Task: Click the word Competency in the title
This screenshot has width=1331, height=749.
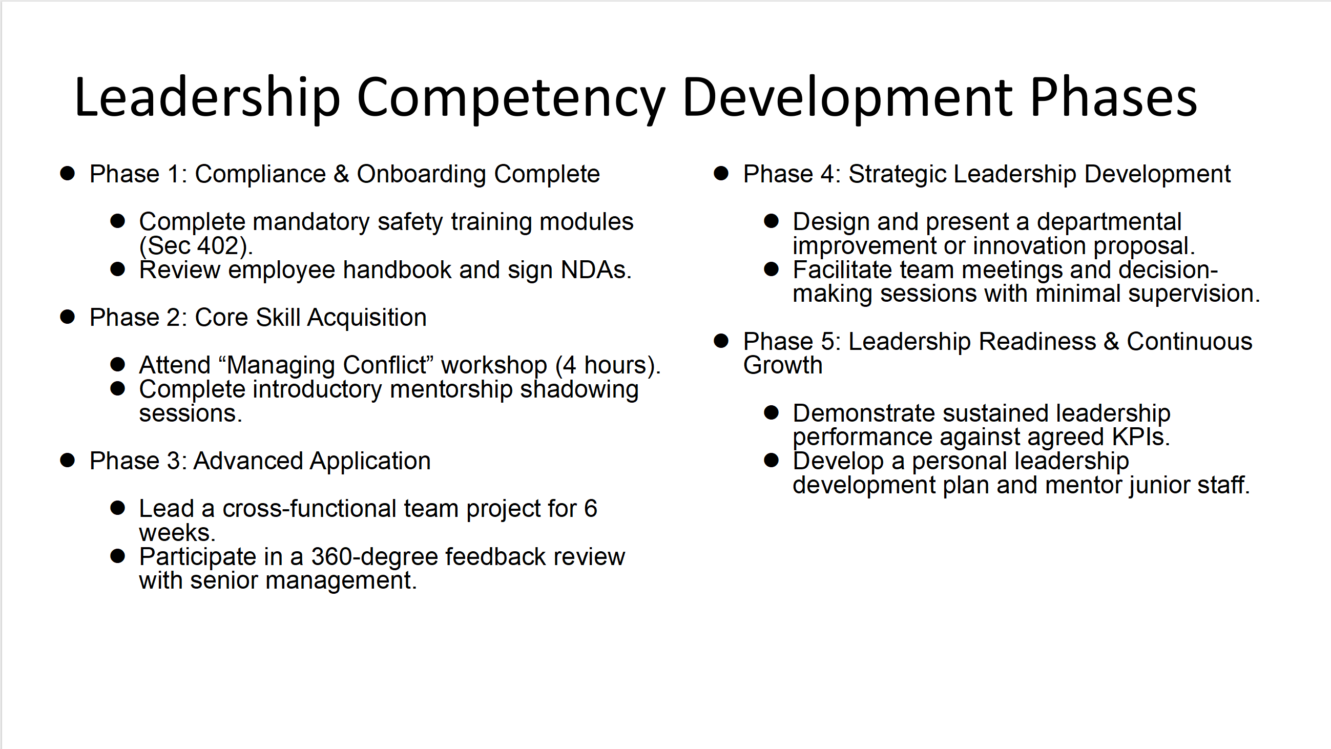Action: (x=510, y=98)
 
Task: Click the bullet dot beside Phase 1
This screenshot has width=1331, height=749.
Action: (x=67, y=173)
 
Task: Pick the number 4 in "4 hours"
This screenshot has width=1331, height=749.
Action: (x=569, y=365)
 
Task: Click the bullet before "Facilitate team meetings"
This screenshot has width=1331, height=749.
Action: (x=772, y=268)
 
